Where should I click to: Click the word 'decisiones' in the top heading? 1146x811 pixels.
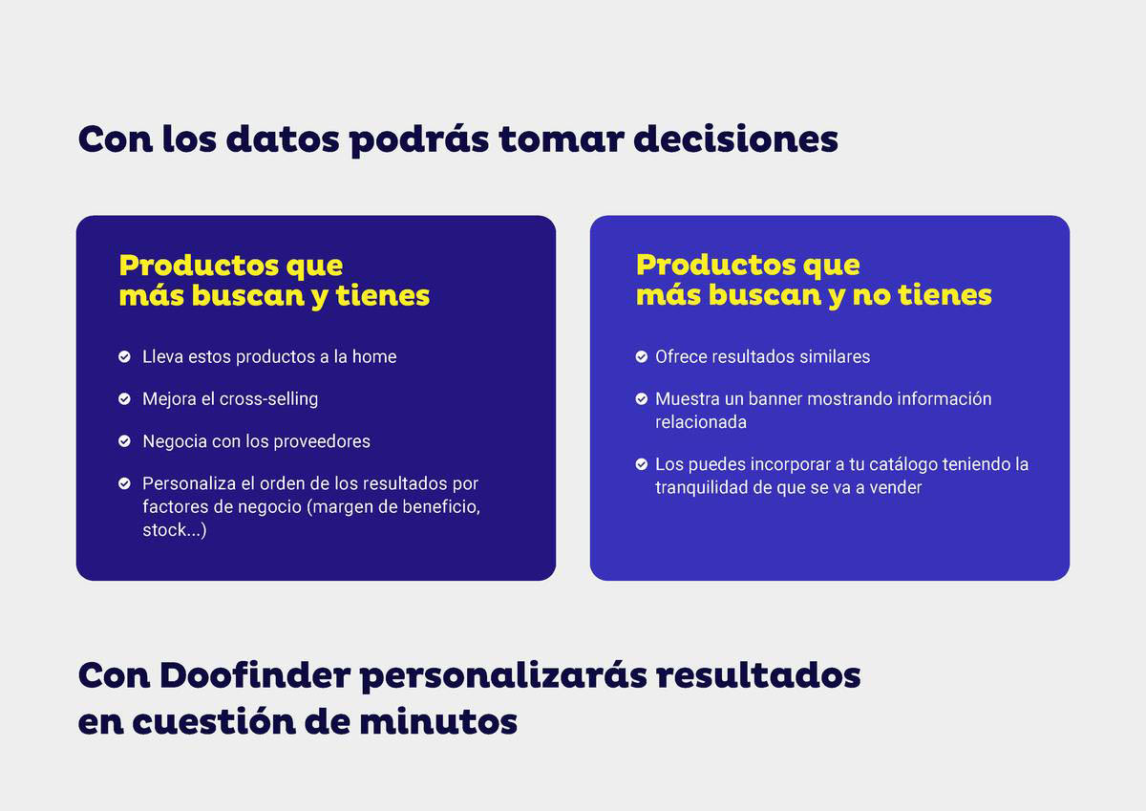(735, 139)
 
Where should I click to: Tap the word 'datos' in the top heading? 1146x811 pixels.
(283, 139)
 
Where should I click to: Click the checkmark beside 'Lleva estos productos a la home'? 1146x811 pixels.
(124, 356)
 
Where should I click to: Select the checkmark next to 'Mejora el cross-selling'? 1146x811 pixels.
(124, 398)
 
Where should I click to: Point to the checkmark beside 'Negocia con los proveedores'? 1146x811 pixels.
(124, 441)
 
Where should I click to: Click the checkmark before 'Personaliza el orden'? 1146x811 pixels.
(124, 483)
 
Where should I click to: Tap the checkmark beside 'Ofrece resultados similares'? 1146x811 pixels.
(642, 356)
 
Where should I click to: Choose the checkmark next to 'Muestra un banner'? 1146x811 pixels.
(642, 398)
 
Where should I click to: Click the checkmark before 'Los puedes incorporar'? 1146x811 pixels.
(642, 464)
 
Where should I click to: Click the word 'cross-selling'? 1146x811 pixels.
(268, 399)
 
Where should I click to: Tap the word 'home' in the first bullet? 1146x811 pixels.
(374, 356)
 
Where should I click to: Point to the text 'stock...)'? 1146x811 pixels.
(175, 530)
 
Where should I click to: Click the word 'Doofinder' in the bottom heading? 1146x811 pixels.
(255, 675)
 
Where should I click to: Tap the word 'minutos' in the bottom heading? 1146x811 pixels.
(438, 722)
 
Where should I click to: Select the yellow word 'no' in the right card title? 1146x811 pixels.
(872, 295)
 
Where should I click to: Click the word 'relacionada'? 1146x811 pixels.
(701, 422)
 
